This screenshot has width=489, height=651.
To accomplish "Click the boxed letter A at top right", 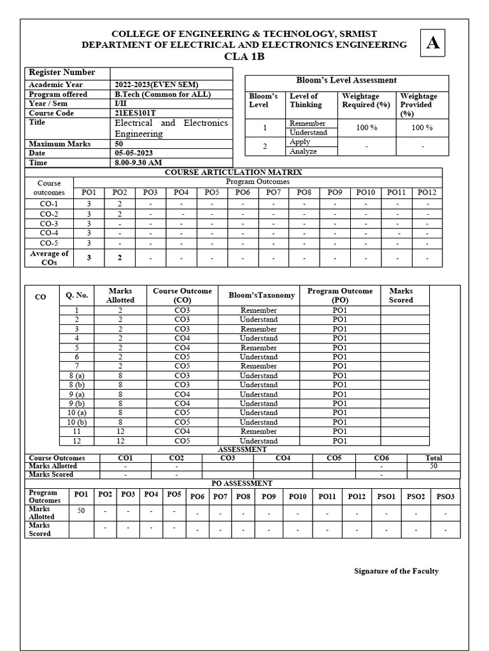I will point(433,43).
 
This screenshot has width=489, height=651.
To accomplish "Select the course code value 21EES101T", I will point(136,113).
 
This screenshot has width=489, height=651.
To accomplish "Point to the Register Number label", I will point(62,72).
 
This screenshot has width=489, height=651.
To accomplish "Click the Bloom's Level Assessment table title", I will point(346,80).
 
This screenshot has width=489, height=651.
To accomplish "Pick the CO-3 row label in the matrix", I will point(49,224).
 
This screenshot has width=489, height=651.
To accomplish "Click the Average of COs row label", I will point(49,258).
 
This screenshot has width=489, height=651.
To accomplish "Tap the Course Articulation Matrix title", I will point(233,172).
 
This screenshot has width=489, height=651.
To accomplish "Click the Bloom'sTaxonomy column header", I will point(262,295).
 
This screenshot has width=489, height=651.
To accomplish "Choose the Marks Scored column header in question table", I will point(401,295).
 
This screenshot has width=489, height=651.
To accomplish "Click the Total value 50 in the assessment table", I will point(433,466).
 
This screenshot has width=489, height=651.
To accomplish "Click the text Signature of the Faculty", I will point(396,571).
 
